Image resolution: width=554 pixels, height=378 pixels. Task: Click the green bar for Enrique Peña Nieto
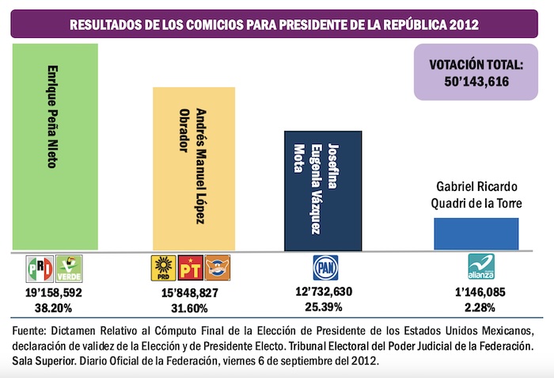(x=55, y=147)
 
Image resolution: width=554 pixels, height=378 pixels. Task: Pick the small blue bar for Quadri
(x=476, y=233)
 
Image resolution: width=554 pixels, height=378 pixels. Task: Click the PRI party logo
(x=40, y=269)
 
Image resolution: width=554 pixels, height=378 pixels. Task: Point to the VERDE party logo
(x=68, y=269)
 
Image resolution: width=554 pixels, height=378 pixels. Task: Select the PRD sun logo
(x=162, y=269)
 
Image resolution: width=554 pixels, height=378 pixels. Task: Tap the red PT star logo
(x=190, y=269)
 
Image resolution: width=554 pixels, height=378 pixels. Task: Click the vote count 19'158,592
(x=54, y=292)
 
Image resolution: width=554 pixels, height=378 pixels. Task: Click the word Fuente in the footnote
(x=32, y=329)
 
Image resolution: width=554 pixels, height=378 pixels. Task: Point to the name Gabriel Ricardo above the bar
(x=476, y=187)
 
